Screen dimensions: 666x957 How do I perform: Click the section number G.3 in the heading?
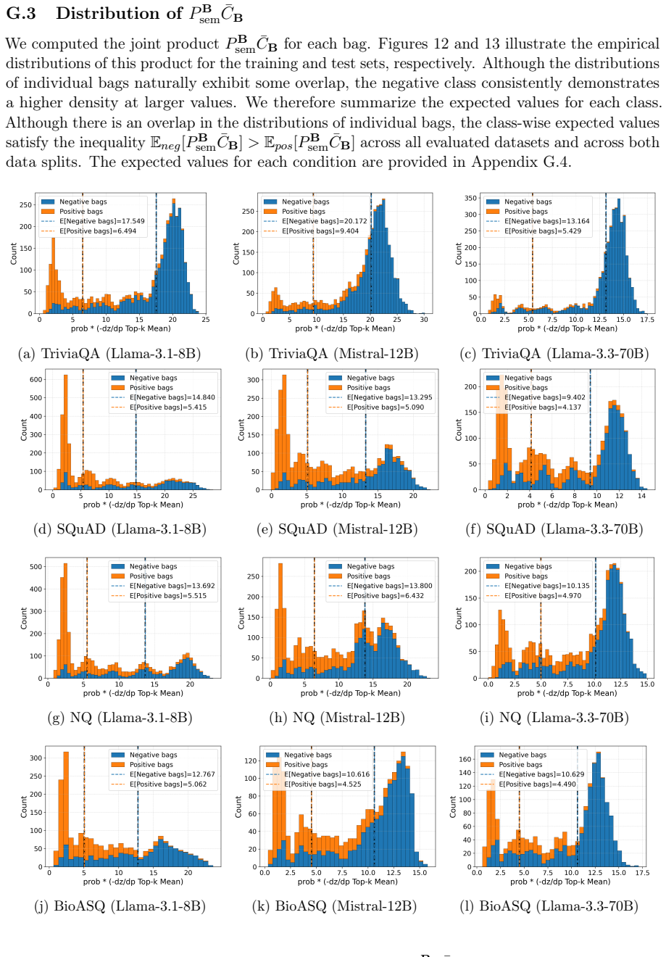pyautogui.click(x=21, y=13)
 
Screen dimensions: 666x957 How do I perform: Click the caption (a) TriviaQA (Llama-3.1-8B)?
pyautogui.click(x=109, y=354)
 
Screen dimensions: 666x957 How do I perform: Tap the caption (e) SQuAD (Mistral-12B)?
pyautogui.click(x=337, y=529)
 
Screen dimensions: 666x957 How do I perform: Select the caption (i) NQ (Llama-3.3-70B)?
pyautogui.click(x=554, y=718)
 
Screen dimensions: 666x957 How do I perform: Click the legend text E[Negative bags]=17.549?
pyautogui.click(x=102, y=221)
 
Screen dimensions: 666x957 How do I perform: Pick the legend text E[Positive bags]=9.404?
pyautogui.click(x=320, y=231)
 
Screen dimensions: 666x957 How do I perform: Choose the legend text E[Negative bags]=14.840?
pyautogui.click(x=172, y=397)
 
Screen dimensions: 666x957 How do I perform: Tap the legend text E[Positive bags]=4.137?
pyautogui.click(x=543, y=407)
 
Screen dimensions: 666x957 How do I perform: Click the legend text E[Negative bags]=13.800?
pyautogui.click(x=390, y=586)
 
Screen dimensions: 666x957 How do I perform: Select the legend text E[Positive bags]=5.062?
pyautogui.click(x=168, y=784)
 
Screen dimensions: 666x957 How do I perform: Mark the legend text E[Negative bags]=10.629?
pyautogui.click(x=541, y=774)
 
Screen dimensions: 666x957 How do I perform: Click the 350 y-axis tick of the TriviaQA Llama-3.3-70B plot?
pyautogui.click(x=470, y=198)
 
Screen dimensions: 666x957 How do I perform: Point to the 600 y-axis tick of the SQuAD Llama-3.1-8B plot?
pyautogui.click(x=36, y=379)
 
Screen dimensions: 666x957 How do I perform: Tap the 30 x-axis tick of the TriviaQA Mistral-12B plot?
pyautogui.click(x=423, y=319)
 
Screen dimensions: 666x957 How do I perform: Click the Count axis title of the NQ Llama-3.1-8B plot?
pyautogui.click(x=24, y=618)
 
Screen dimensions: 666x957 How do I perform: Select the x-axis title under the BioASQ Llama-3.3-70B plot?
pyautogui.click(x=560, y=882)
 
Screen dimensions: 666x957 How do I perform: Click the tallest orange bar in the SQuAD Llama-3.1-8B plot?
pyautogui.click(x=66, y=432)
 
